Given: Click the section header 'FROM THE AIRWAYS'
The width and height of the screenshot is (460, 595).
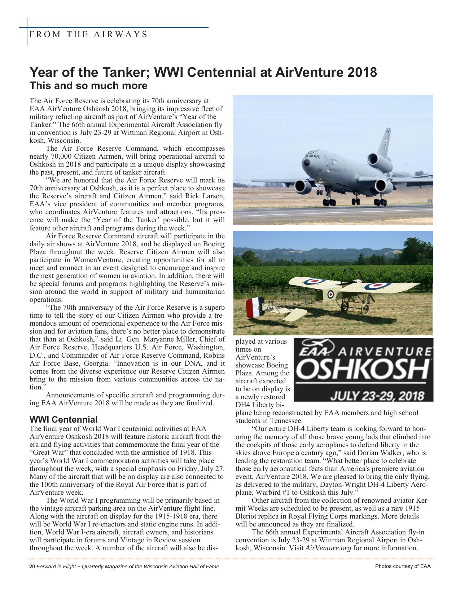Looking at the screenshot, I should coord(88,35).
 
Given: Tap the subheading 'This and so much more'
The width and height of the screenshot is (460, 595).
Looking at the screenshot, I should coord(88,86).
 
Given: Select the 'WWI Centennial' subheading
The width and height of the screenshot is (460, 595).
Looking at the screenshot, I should coord(63,420).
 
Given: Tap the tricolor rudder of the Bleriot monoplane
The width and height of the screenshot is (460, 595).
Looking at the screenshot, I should coord(253,307).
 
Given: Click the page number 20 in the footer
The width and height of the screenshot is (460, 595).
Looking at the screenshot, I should coord(32,567).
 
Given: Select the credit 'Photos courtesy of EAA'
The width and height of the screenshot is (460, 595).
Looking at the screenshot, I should coord(403,566).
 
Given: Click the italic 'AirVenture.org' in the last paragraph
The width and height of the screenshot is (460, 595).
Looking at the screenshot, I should coord(328,548).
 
